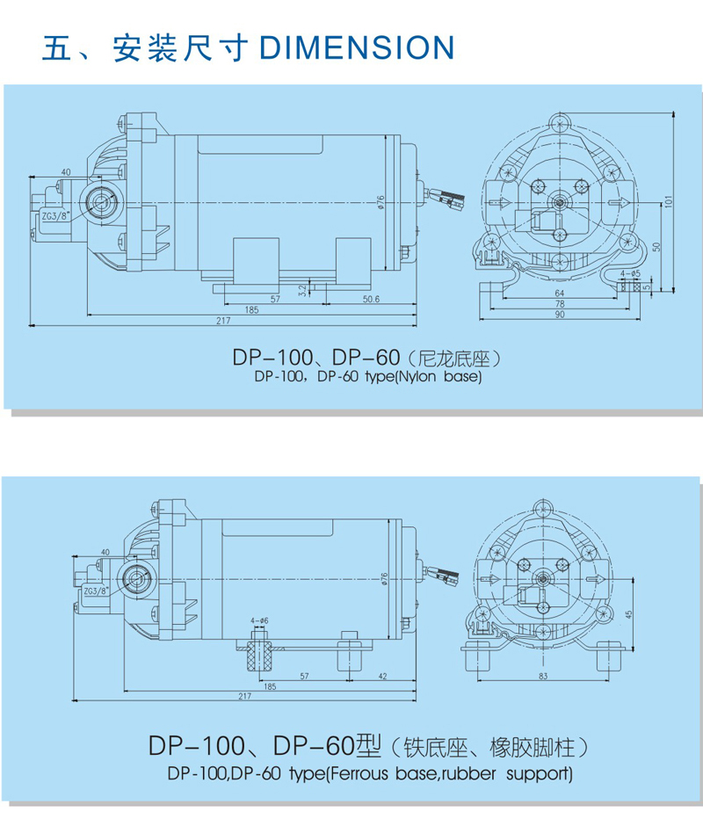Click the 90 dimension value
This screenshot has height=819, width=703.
click(x=559, y=315)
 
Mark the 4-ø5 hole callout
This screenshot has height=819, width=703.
click(x=628, y=274)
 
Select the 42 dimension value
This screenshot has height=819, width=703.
click(x=383, y=677)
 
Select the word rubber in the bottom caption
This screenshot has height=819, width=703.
click(x=467, y=774)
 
